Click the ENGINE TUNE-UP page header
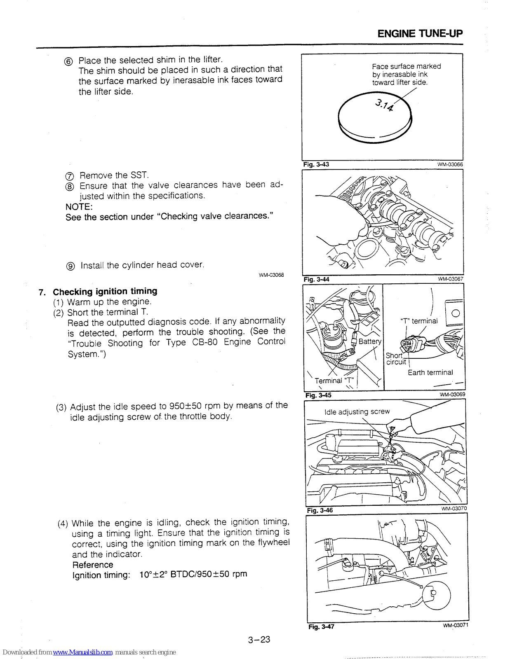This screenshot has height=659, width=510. click(x=420, y=34)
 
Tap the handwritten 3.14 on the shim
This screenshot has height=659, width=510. click(x=384, y=105)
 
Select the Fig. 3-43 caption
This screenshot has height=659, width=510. click(x=316, y=164)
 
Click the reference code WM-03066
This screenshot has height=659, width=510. click(x=450, y=164)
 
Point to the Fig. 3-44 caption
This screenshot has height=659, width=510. click(x=316, y=279)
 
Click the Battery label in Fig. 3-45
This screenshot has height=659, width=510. click(x=369, y=341)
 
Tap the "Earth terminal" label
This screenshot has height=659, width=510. click(x=430, y=372)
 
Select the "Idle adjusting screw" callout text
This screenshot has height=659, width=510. click(x=357, y=411)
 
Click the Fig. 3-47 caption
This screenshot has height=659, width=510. click(x=321, y=626)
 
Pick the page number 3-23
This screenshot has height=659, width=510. click(x=259, y=640)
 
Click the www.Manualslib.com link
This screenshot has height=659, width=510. click(x=82, y=652)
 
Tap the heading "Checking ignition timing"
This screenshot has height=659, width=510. click(x=105, y=292)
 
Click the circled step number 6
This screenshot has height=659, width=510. click(x=69, y=61)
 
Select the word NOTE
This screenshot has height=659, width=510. click(x=79, y=207)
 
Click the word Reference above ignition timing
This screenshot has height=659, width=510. click(x=93, y=565)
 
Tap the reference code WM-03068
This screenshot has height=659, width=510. click(x=271, y=275)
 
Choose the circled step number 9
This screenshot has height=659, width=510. click(x=71, y=266)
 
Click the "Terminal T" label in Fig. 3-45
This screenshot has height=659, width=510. click(x=334, y=381)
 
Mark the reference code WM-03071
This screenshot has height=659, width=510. click(x=455, y=625)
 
